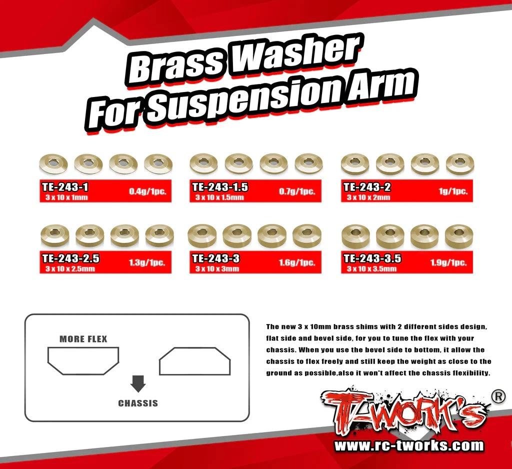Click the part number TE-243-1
tap(65, 187)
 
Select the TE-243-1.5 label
tap(220, 187)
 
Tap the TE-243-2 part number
tap(367, 187)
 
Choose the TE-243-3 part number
tap(216, 258)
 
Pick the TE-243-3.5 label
tap(372, 258)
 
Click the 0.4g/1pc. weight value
tap(147, 191)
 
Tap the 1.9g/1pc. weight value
tap(448, 262)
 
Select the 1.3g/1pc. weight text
tap(147, 262)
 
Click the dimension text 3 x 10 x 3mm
tap(217, 269)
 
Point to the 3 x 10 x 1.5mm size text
tap(219, 197)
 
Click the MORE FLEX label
tap(83, 339)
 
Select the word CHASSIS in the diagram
tap(137, 403)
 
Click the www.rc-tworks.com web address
tap(408, 445)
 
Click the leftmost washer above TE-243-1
tap(53, 162)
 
